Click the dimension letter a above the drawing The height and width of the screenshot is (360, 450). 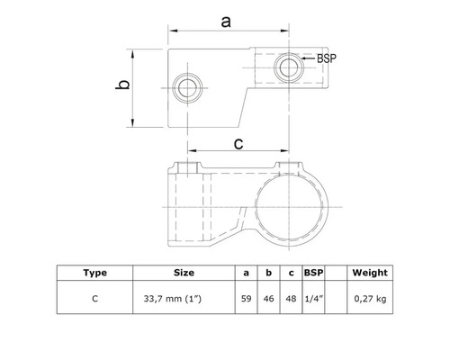click(x=225, y=22)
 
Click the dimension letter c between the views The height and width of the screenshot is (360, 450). click(x=238, y=142)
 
